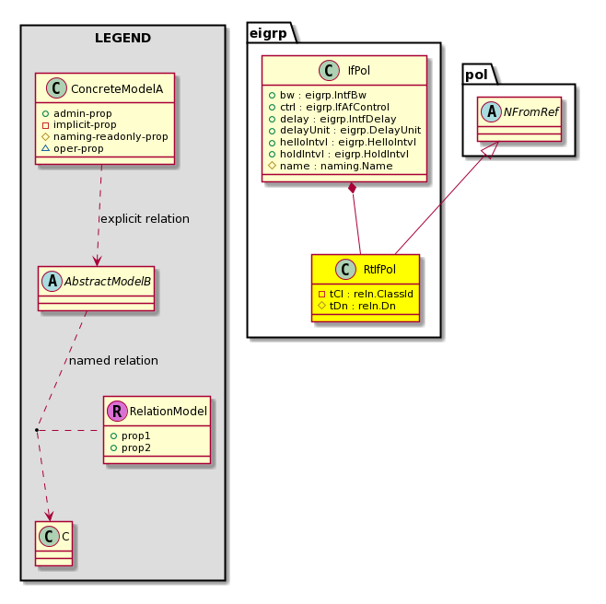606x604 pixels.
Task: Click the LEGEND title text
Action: [122, 38]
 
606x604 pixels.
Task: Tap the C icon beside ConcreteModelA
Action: [56, 88]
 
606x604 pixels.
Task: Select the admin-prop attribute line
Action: [77, 113]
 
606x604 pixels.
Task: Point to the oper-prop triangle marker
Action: [46, 148]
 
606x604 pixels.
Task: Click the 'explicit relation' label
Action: [145, 219]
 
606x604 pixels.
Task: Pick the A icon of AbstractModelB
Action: [52, 281]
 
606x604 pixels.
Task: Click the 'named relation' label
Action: [113, 361]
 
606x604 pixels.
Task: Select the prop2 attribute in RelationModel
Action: [131, 447]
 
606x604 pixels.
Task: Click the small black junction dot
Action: [37, 430]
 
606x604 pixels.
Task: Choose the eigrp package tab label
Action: [268, 34]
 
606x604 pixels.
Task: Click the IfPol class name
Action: [358, 70]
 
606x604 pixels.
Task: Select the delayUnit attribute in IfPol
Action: [344, 130]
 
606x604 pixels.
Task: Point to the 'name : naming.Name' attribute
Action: [331, 166]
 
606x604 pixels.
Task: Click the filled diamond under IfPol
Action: [352, 188]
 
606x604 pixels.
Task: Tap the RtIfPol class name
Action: [379, 270]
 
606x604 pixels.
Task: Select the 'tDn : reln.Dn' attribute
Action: [356, 306]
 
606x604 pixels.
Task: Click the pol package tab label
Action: [476, 75]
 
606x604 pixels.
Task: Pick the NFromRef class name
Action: [531, 112]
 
